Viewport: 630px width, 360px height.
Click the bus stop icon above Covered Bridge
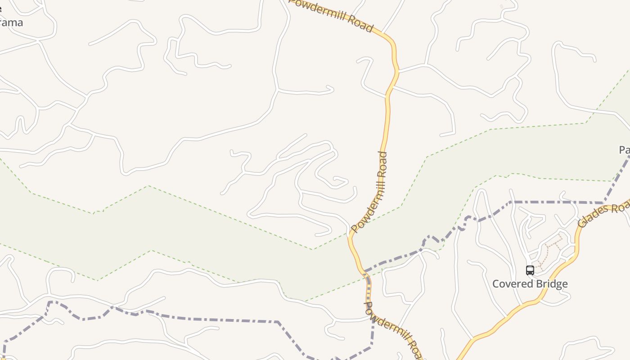[x=530, y=270]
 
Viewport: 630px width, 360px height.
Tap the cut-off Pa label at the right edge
[x=625, y=150]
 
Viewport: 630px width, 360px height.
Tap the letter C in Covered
[x=496, y=284]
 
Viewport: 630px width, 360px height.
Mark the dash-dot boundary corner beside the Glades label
[x=603, y=202]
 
